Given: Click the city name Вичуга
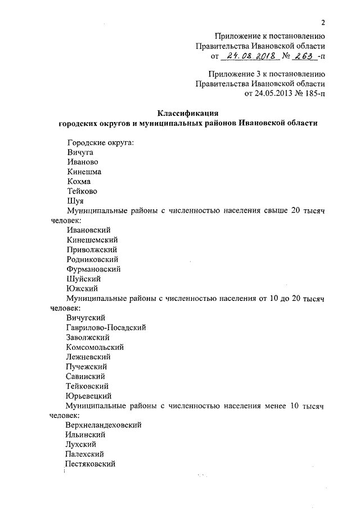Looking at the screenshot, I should [x=79, y=152].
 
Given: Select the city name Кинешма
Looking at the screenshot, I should [x=84, y=172].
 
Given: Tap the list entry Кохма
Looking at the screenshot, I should [x=79, y=182].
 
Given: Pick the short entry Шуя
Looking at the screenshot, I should [x=75, y=201].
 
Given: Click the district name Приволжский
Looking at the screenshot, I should [x=92, y=250].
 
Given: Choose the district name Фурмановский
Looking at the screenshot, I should [x=93, y=269].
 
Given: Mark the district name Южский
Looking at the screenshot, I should [x=82, y=289].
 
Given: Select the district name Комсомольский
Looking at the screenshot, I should [x=94, y=347].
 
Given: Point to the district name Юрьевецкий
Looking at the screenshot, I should [x=90, y=395].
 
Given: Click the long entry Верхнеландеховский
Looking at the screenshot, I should [x=103, y=425].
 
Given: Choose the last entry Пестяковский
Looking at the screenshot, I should [x=91, y=464].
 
